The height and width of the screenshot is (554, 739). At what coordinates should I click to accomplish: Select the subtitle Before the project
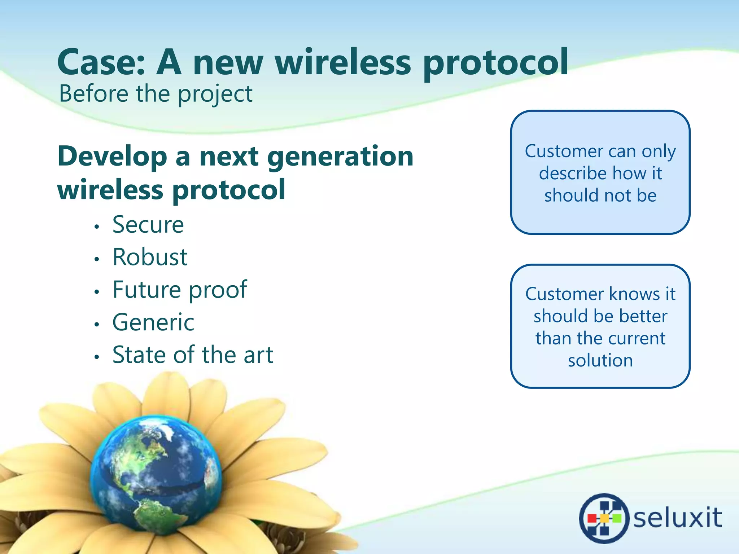[x=156, y=94]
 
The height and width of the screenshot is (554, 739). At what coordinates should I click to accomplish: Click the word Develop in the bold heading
[x=112, y=157]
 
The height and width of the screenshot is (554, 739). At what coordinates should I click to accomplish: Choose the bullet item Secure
[x=148, y=225]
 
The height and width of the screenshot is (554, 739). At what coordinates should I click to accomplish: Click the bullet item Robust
[x=150, y=257]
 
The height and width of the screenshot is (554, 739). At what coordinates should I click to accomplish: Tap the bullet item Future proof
[x=179, y=290]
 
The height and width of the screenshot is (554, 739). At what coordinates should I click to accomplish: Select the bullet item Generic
[x=153, y=322]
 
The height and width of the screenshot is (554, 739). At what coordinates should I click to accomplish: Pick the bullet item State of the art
[x=193, y=355]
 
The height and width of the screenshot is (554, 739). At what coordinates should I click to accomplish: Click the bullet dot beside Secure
[x=96, y=227]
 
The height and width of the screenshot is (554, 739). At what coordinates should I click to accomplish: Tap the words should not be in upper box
[x=600, y=195]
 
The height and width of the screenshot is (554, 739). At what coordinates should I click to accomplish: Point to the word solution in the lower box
[x=600, y=360]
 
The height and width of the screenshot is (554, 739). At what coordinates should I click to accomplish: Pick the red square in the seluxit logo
[x=592, y=518]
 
